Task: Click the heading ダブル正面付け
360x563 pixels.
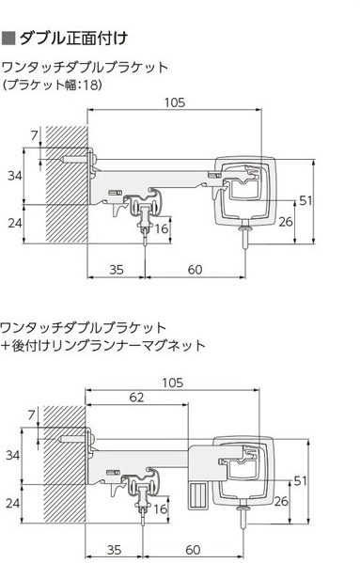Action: tap(73, 39)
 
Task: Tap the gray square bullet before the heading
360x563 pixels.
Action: tap(8, 39)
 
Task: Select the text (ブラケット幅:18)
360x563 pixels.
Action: tap(53, 85)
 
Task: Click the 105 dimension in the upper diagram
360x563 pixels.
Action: tap(175, 102)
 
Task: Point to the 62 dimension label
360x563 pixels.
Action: tap(136, 398)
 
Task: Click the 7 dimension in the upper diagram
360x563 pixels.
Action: tap(34, 135)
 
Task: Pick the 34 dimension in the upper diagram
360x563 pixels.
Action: tap(15, 176)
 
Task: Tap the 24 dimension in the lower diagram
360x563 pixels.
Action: tap(13, 504)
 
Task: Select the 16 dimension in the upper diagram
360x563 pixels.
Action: tap(161, 228)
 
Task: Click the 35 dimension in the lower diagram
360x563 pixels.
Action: tap(114, 550)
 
